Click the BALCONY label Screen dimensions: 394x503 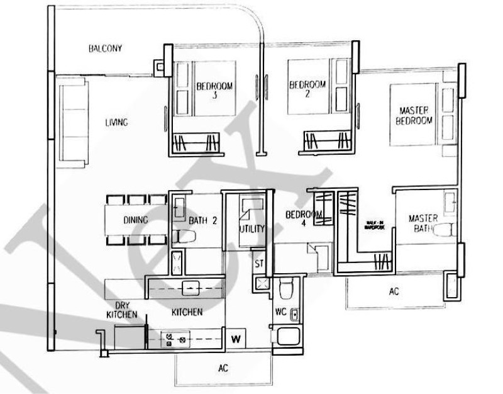(x=105, y=48)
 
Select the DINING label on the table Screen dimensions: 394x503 (x=135, y=220)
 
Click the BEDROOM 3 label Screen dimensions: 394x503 (x=214, y=91)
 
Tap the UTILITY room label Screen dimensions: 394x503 (x=251, y=229)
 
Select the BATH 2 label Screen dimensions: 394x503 (x=203, y=220)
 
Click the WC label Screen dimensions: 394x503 (x=280, y=312)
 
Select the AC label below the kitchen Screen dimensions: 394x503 (x=223, y=368)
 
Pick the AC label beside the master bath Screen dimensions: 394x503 (x=394, y=292)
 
